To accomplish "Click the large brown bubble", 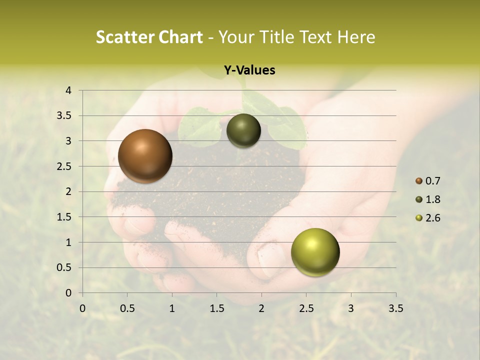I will point(145,156).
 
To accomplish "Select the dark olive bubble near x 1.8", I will point(243,130).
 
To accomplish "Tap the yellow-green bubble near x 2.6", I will point(315,252).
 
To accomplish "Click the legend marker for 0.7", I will point(419,181).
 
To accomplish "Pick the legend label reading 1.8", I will point(433,199).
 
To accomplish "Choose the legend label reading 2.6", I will point(433,218).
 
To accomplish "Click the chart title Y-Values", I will point(249,70).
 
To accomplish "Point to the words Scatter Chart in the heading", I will point(149,37).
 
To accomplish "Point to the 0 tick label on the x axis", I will point(83,308).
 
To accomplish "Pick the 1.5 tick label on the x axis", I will point(216,308).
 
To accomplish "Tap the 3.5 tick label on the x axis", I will point(395,308).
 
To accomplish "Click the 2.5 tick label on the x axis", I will point(306,308).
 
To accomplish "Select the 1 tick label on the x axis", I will point(172,308).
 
